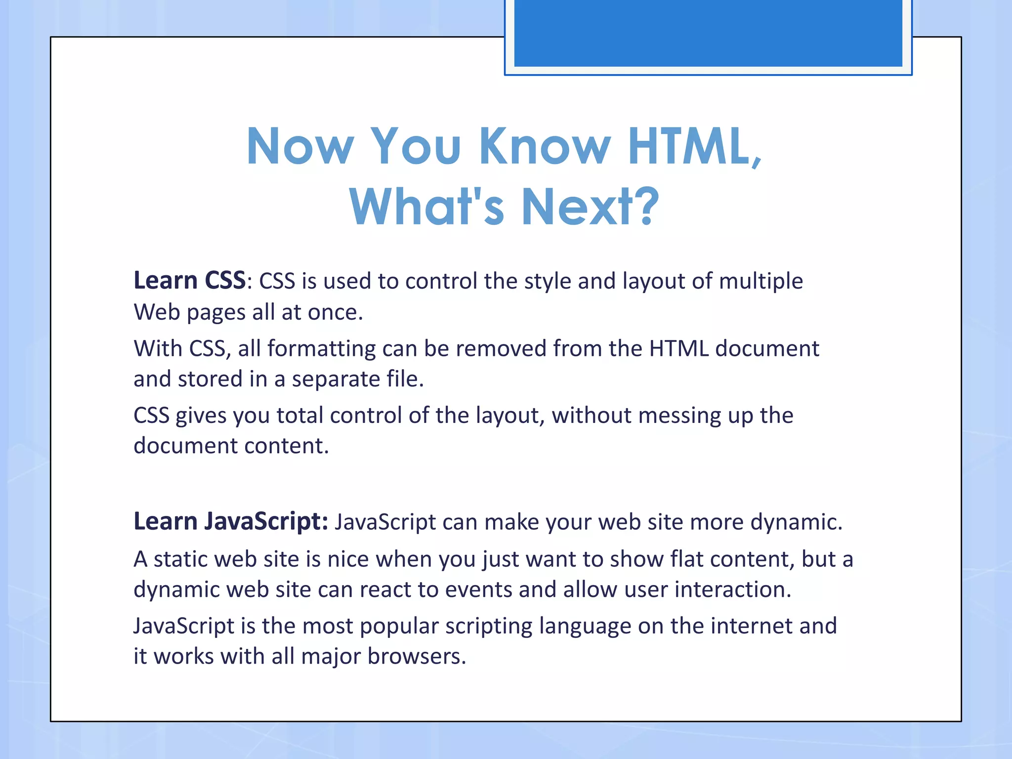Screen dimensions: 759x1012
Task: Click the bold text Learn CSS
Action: [190, 281]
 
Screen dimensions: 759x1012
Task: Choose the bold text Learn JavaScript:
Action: [231, 522]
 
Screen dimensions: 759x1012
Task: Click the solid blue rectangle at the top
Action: [708, 33]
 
